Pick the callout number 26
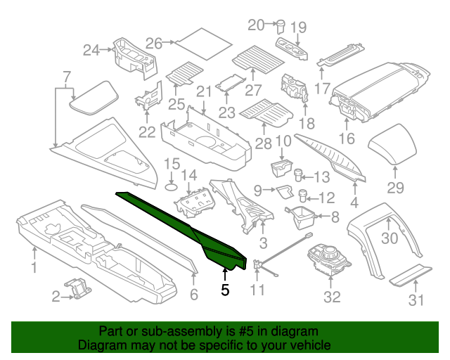(154, 44)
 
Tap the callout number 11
(259, 288)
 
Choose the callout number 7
(67, 76)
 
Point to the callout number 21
(204, 91)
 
